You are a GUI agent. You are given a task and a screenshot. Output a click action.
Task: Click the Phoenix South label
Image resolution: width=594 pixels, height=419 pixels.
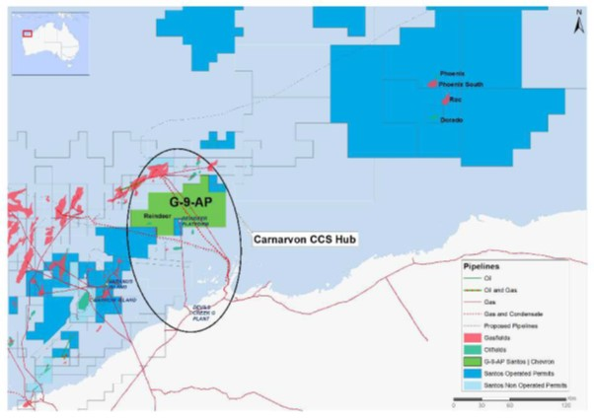[x=463, y=86]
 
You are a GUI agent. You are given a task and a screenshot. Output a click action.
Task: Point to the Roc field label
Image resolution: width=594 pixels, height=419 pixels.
[x=455, y=101]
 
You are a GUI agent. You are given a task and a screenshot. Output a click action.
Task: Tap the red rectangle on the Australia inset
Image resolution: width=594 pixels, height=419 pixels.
[x=27, y=33]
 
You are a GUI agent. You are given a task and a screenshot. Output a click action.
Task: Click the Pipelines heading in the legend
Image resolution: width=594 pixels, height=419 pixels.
[x=484, y=267]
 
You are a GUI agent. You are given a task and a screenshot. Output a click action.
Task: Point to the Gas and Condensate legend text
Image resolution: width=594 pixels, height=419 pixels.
[x=517, y=311]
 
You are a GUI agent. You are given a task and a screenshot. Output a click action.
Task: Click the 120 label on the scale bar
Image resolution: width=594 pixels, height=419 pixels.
[x=566, y=405]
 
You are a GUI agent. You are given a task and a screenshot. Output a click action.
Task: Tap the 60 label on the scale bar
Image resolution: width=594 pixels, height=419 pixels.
[x=511, y=405]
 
